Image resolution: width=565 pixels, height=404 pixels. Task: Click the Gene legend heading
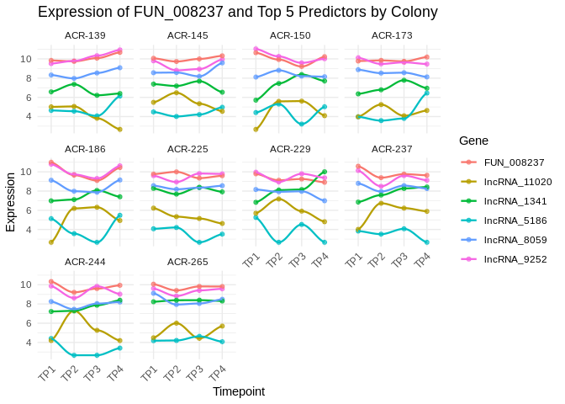pyautogui.click(x=474, y=140)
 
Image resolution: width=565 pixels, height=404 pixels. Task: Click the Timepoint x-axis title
pyautogui.click(x=239, y=391)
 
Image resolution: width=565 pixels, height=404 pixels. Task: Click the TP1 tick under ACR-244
pyautogui.click(x=47, y=372)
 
